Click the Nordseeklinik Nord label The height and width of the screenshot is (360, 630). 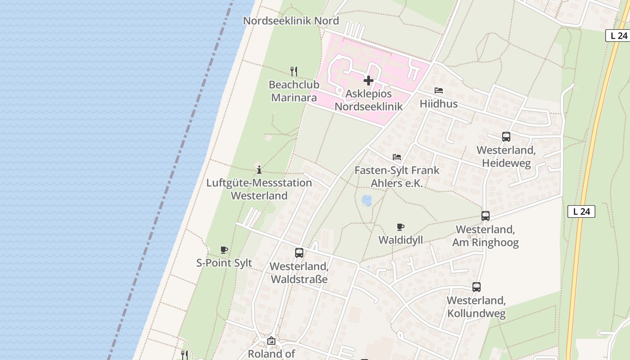291,21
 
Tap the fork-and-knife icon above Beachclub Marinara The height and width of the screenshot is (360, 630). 294,71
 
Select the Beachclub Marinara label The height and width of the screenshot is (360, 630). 294,91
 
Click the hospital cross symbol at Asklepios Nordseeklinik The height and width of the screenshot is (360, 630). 369,81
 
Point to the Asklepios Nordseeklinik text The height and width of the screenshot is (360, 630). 369,100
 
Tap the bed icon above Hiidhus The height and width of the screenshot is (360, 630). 439,90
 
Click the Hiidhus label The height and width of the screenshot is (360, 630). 438,104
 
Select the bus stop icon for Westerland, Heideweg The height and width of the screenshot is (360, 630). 506,137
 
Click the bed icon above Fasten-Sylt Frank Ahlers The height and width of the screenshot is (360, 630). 397,157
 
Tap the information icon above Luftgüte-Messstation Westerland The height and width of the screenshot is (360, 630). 259,170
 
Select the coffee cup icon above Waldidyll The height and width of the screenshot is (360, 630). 400,227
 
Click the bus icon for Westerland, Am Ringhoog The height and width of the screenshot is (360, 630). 486,216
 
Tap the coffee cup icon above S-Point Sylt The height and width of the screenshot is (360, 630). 224,250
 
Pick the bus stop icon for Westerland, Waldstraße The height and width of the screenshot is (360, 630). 299,253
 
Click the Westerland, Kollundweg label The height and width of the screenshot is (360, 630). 476,307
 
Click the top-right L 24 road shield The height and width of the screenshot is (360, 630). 619,36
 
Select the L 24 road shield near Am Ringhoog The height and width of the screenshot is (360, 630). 581,211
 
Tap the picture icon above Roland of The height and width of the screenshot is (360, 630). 271,341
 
